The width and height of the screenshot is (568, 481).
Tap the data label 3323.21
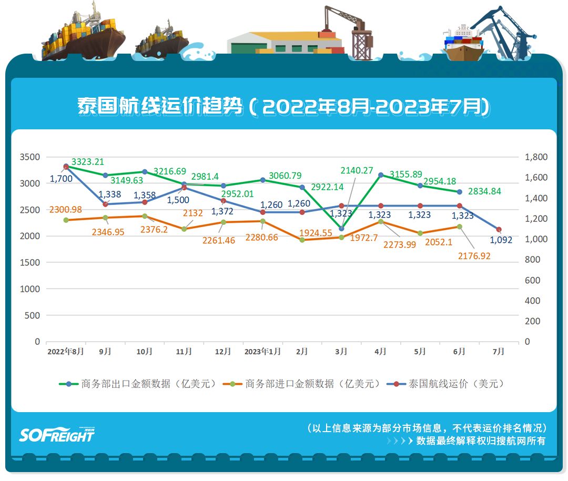[x=88, y=162]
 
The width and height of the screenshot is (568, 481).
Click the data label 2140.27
[x=358, y=170]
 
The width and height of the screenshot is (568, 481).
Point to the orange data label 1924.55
[x=316, y=232]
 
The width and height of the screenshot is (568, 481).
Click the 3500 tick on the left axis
[x=30, y=157]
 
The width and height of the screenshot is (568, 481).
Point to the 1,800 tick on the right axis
[x=536, y=157]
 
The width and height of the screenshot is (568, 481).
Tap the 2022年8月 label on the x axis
[x=66, y=352]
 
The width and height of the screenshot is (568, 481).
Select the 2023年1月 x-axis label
[x=263, y=352]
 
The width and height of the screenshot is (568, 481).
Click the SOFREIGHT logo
[x=57, y=434]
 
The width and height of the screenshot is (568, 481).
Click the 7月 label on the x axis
[x=499, y=352]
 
